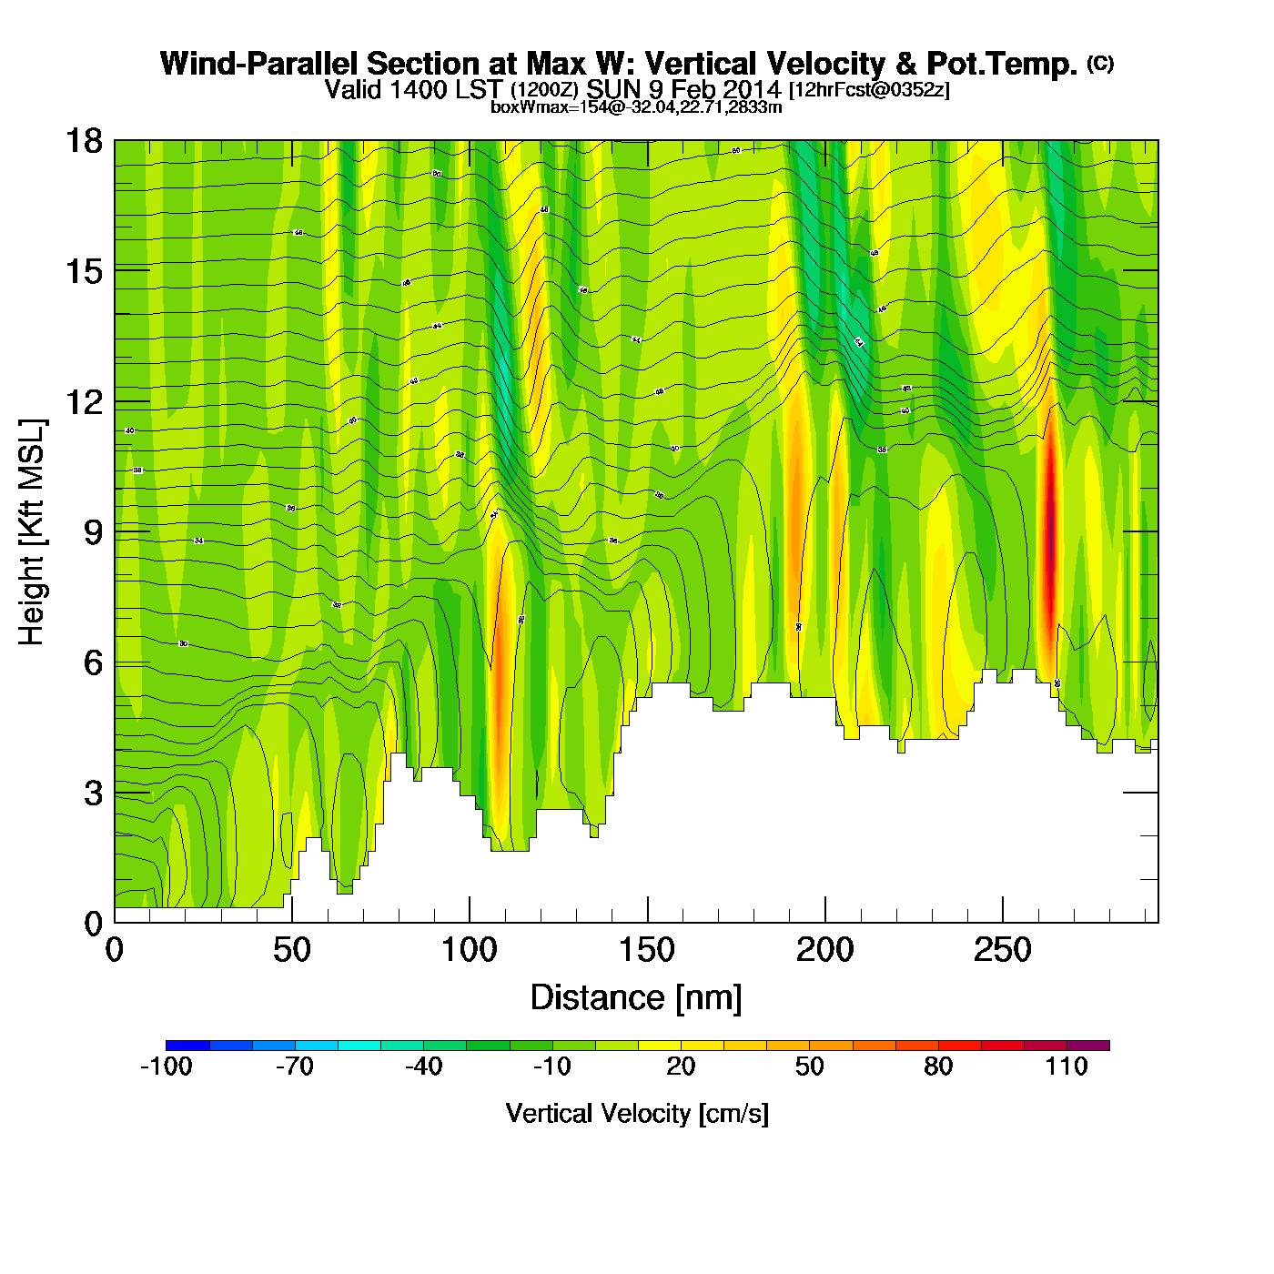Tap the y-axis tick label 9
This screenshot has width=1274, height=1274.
click(x=93, y=532)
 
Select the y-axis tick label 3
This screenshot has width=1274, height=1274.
click(x=93, y=794)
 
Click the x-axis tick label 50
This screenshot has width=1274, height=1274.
click(x=291, y=951)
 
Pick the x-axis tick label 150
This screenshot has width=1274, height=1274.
click(x=647, y=951)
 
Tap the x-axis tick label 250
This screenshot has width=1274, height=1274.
click(x=1002, y=951)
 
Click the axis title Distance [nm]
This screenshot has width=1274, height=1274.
click(x=636, y=998)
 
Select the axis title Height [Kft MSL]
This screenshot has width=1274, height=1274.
click(x=32, y=532)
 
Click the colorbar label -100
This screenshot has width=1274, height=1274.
click(x=166, y=1067)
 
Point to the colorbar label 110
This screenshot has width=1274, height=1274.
click(x=1067, y=1067)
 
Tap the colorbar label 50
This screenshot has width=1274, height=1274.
click(x=809, y=1067)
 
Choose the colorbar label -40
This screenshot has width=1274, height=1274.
click(x=423, y=1067)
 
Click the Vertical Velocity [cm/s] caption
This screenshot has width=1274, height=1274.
click(x=637, y=1114)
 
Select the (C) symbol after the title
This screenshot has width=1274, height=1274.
click(x=1100, y=63)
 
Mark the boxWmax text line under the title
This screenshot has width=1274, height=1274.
click(x=636, y=107)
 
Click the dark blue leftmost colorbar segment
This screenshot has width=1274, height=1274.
click(x=187, y=1046)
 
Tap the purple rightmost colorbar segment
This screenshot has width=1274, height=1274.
click(x=1088, y=1046)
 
